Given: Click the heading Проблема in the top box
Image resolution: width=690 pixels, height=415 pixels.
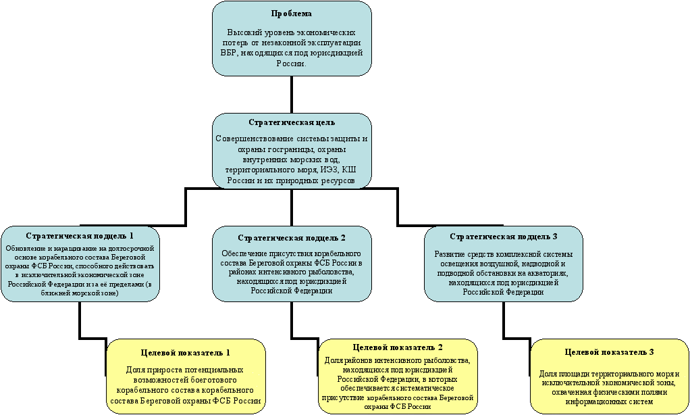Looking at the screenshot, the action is [291, 14].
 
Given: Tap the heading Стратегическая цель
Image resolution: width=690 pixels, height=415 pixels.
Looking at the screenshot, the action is [292, 122].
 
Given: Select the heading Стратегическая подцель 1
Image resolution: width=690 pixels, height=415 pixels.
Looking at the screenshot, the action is [80, 236].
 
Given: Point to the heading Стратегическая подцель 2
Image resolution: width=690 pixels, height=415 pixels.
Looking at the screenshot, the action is [292, 238].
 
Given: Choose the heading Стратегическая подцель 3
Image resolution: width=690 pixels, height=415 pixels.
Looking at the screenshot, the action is [504, 237].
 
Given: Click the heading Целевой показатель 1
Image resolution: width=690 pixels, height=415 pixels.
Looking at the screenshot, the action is [186, 352].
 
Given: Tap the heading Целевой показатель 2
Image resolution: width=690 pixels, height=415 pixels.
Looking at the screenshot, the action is [398, 347].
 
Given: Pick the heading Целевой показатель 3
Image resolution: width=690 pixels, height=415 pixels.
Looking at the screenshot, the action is [610, 352].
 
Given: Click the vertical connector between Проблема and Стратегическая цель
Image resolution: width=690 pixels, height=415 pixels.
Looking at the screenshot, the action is [291, 95].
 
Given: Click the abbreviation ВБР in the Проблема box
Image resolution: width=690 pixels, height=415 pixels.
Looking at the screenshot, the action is [230, 53].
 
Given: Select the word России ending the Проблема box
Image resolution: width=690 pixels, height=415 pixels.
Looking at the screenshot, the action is [291, 64].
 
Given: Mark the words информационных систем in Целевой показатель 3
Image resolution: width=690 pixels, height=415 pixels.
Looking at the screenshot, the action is [610, 401].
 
